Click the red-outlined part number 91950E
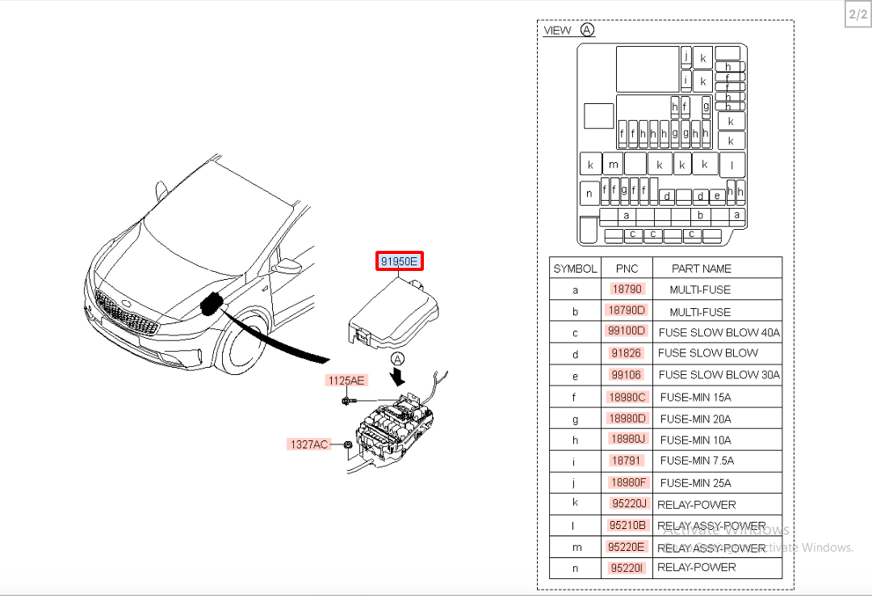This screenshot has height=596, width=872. click(400, 261)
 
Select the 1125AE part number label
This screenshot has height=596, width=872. click(346, 380)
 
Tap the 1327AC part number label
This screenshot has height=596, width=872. click(308, 444)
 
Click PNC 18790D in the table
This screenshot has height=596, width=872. click(627, 311)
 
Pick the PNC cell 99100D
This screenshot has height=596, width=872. click(627, 331)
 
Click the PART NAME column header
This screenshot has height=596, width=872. click(701, 269)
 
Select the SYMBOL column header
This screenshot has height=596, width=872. click(575, 269)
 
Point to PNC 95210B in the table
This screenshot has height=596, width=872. click(627, 526)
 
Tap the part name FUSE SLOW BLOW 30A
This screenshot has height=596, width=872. click(719, 374)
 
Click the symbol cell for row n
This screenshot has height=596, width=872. click(575, 568)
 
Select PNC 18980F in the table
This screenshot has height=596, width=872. click(627, 482)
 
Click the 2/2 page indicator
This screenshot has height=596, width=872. click(857, 15)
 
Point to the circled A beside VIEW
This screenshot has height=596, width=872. click(587, 30)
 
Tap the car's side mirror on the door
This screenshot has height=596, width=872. click(286, 266)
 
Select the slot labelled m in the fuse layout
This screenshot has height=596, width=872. click(614, 165)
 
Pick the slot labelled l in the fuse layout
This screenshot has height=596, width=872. click(732, 165)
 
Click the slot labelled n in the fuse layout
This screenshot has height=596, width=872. click(589, 194)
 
